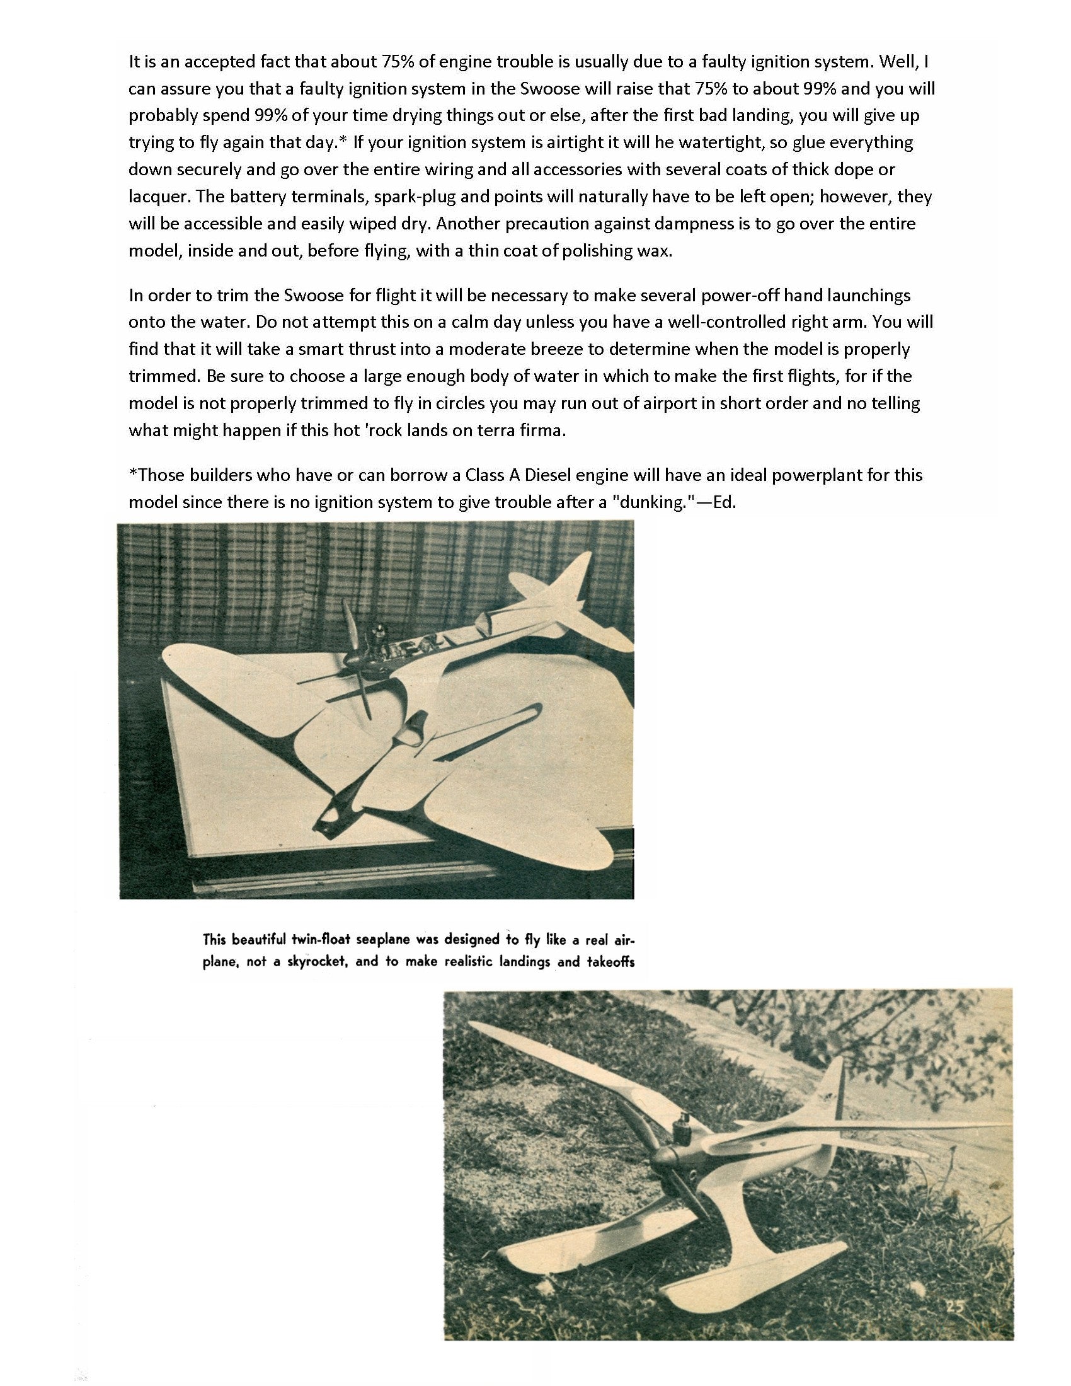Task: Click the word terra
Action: (478, 431)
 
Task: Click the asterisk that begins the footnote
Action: (132, 474)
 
